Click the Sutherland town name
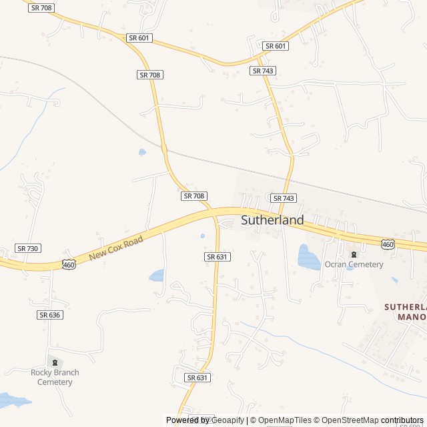coord(272,220)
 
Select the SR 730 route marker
coord(28,248)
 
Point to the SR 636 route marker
coord(50,315)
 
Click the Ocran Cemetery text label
coord(354,264)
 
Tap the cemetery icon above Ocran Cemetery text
coord(354,254)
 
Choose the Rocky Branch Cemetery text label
coord(55,377)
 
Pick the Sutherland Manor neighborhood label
coord(406,312)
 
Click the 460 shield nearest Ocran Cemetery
coord(388,245)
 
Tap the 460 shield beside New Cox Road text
coord(69,265)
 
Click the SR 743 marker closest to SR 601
coord(263,70)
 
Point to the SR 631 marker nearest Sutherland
coord(218,257)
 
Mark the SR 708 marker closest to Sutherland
coord(193,195)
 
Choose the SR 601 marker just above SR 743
coord(275,46)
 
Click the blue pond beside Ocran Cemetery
coord(308,257)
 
